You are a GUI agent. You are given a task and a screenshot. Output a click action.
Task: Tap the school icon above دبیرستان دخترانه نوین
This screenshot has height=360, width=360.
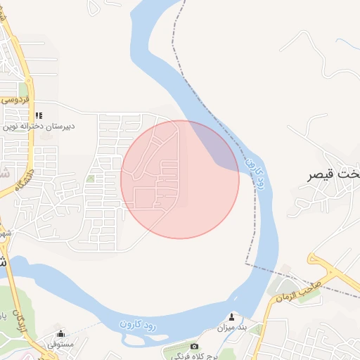coord(39,115)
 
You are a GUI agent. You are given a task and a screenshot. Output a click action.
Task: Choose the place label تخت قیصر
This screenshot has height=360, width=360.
coord(335,173)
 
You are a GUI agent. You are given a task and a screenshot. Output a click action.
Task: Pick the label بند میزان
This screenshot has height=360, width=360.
coord(232,328)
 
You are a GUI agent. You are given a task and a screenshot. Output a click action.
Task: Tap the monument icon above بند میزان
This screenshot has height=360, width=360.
coord(232,317)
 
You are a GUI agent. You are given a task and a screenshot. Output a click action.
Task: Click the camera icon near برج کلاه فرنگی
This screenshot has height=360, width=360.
coord(195,346)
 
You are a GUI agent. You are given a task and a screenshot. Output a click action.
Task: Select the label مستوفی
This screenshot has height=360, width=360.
coord(60,345)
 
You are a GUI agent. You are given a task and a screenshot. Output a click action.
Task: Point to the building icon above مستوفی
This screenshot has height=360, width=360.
coord(60,334)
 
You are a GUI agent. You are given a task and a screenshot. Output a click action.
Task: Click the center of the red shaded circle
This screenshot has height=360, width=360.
coord(180,180)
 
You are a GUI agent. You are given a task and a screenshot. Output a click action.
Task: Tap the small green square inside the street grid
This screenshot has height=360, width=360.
coord(90,179)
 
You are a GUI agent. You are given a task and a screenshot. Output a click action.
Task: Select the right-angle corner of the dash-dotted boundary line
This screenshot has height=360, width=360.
coord(246,264)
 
